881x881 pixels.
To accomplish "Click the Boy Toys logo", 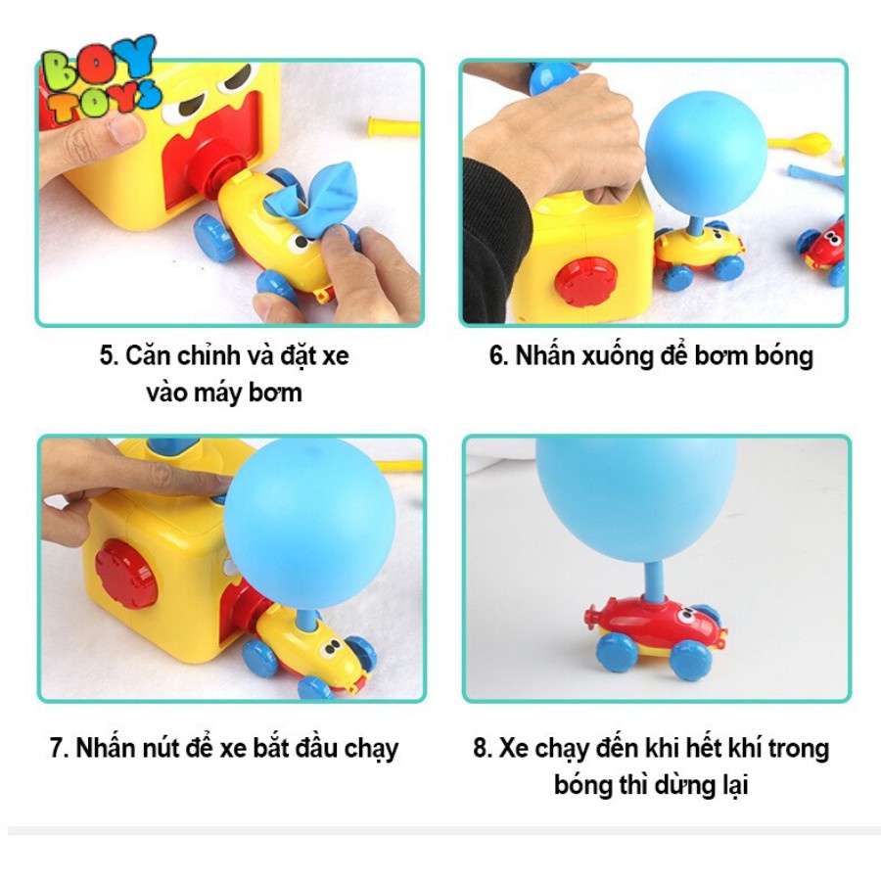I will pos(97,82).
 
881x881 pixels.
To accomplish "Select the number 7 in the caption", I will pos(57,749).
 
